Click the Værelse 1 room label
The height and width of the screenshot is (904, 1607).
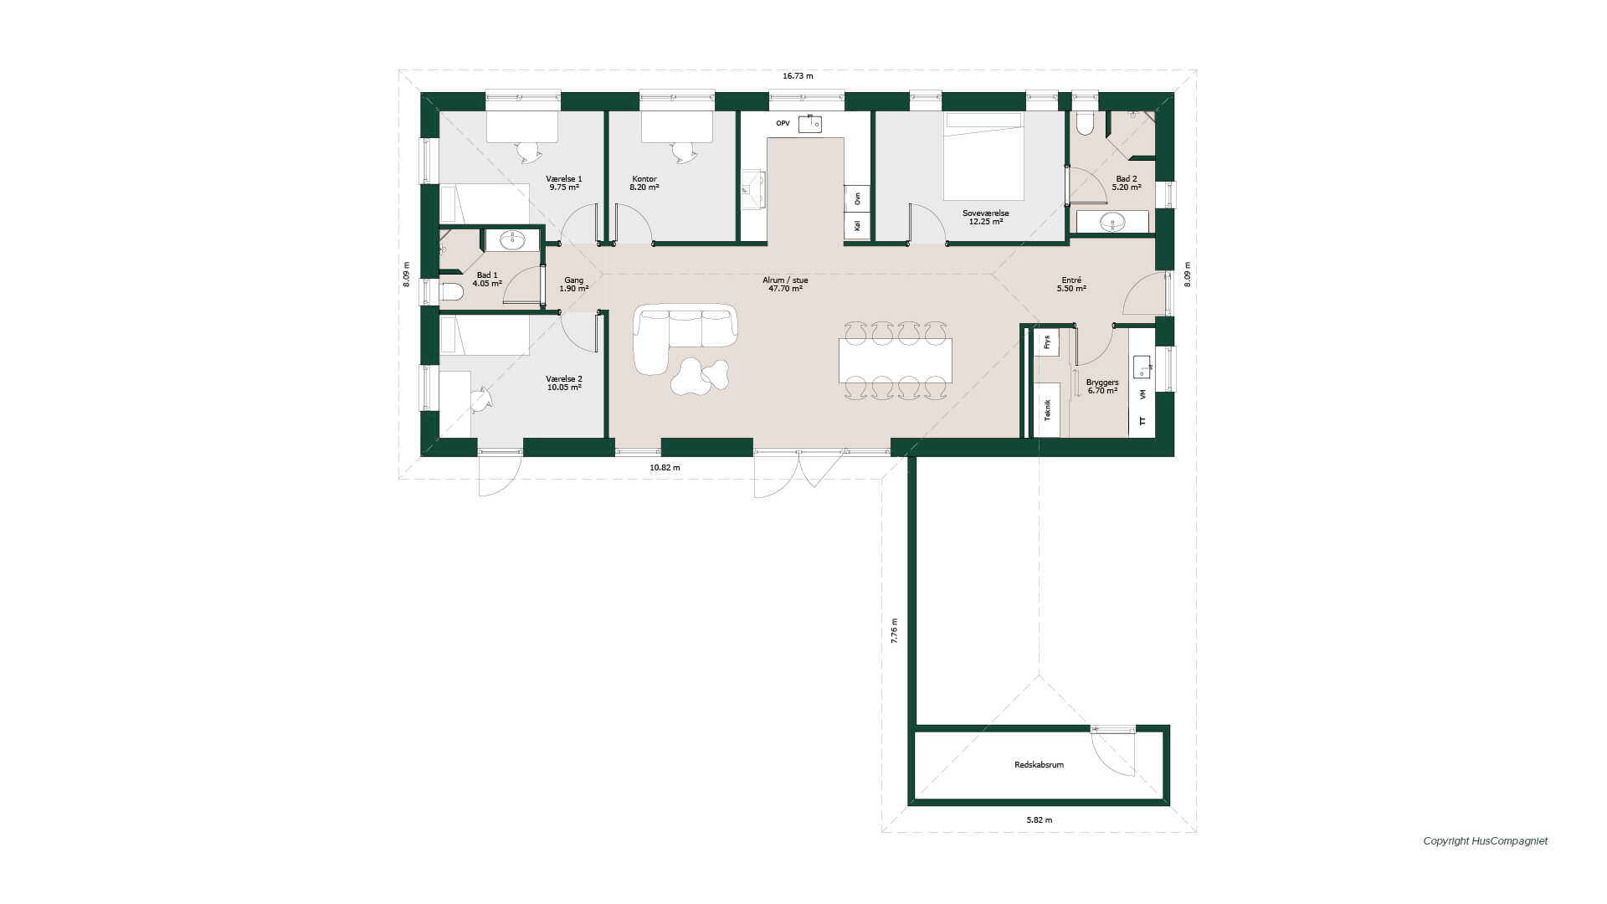(x=563, y=179)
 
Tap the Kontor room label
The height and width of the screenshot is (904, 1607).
(x=644, y=179)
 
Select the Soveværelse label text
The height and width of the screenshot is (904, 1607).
(x=985, y=213)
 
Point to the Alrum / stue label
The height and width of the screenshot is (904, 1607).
(x=785, y=280)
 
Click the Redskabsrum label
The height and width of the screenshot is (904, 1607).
(x=1039, y=765)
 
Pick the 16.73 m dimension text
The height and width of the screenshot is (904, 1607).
(x=798, y=76)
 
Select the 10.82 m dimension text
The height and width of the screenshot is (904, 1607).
(x=665, y=468)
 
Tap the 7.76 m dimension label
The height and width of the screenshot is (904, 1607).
(x=894, y=630)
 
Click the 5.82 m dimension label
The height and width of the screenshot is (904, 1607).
(x=1039, y=820)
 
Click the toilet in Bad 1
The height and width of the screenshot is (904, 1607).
(x=452, y=292)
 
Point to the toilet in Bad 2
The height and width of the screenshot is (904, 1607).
(x=1085, y=124)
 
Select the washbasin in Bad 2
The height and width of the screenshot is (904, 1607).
(x=1112, y=222)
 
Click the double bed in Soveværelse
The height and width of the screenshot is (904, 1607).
(x=984, y=157)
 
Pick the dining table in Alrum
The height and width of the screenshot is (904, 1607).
(x=895, y=360)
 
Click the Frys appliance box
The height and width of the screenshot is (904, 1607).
(x=1046, y=342)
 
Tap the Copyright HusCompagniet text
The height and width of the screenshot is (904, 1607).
(x=1485, y=841)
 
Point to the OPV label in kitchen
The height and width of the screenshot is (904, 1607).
(x=783, y=123)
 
